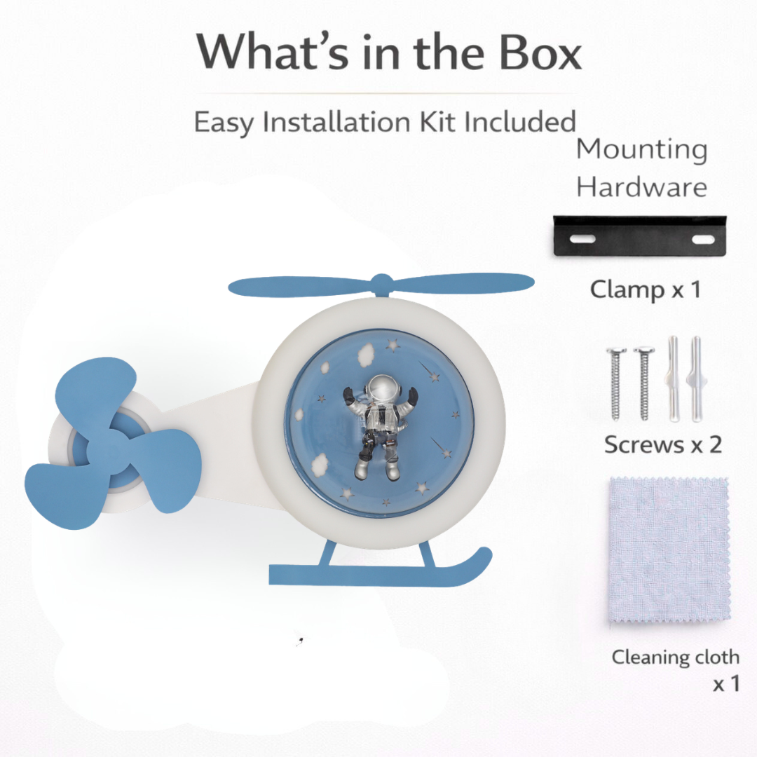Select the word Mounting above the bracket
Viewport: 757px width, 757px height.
[642, 149]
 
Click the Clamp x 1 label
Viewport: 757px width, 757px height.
[646, 289]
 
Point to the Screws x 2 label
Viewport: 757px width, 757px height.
[663, 444]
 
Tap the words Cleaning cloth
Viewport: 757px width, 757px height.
[676, 657]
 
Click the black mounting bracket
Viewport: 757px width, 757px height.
[639, 236]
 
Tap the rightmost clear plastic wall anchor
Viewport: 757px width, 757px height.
[695, 379]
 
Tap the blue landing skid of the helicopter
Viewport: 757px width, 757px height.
[381, 569]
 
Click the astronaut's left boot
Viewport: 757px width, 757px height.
[361, 468]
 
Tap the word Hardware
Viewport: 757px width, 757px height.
[642, 187]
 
